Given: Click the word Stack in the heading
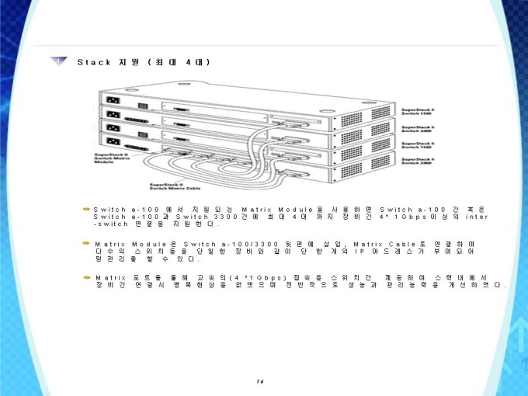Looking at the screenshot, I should pos(94,61).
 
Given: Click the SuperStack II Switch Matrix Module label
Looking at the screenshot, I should pos(104,158).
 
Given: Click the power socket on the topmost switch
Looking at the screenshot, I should pos(112,100).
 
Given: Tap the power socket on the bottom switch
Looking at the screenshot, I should pos(112,143).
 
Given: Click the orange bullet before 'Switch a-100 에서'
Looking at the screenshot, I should pos(87,210).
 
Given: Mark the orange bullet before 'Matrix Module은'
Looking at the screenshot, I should pos(87,244).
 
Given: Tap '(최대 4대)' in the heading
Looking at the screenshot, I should pos(180,61).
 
